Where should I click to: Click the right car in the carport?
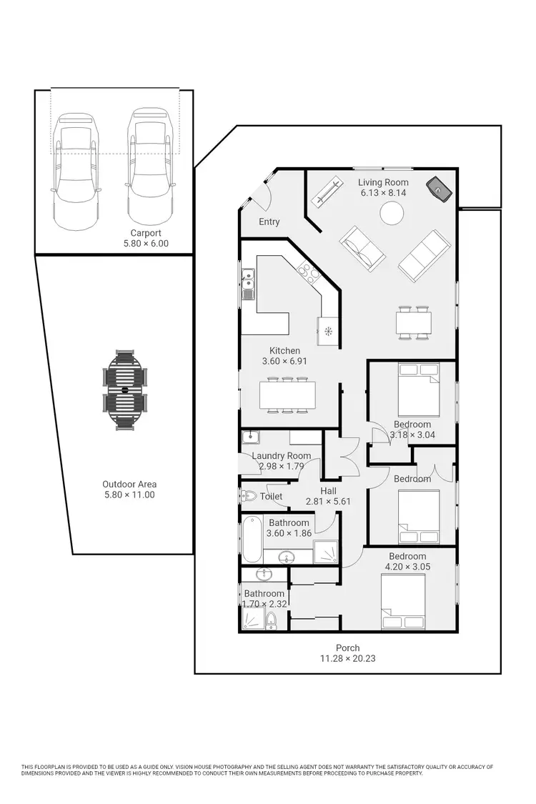coord(149,166)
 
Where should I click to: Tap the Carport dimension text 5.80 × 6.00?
coord(146,244)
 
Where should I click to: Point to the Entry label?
coord(269,222)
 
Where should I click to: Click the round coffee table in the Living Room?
coord(391,213)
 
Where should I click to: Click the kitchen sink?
coord(248,283)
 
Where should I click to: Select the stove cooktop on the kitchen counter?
coord(309,272)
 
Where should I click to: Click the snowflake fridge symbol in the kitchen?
coord(329,331)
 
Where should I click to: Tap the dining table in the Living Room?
coord(414,322)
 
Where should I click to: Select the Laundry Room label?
coord(282,456)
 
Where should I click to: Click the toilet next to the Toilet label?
coord(248,496)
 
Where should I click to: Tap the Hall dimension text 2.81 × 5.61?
coord(329,502)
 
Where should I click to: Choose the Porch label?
coord(348,648)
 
